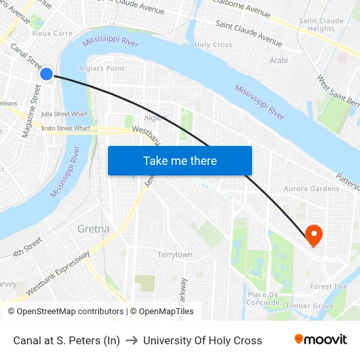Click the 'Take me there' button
click(180, 161)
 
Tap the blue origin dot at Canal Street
click(46, 74)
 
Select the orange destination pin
click(314, 234)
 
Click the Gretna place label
click(94, 229)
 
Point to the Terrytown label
click(175, 255)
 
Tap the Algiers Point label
click(101, 68)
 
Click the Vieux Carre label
click(52, 33)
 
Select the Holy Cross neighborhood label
click(213, 45)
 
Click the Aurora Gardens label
click(312, 189)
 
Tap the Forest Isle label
click(329, 287)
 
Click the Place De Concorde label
click(263, 298)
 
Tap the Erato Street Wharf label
click(65, 128)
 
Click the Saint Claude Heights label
click(321, 25)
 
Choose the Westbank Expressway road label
click(58, 272)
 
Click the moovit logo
click(321, 340)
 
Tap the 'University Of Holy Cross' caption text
click(202, 340)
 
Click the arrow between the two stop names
click(132, 340)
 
